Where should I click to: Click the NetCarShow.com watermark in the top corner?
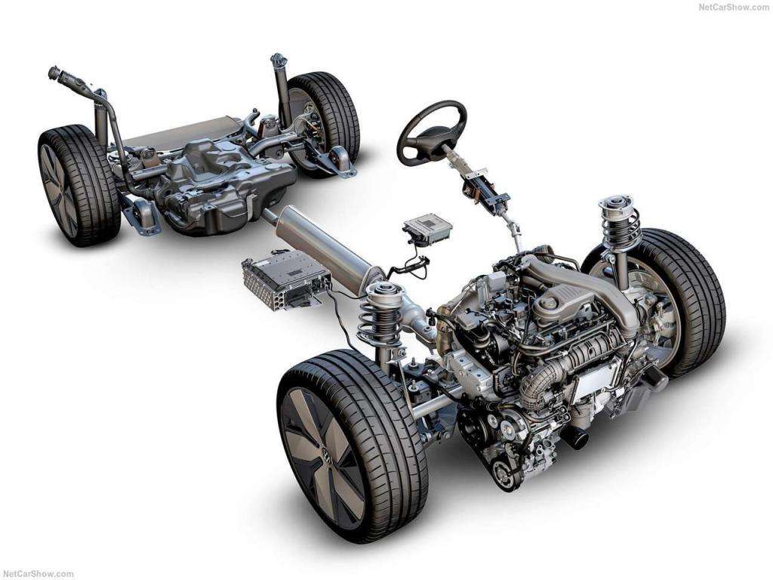click(x=734, y=8)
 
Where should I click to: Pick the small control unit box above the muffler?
click(x=427, y=228)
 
